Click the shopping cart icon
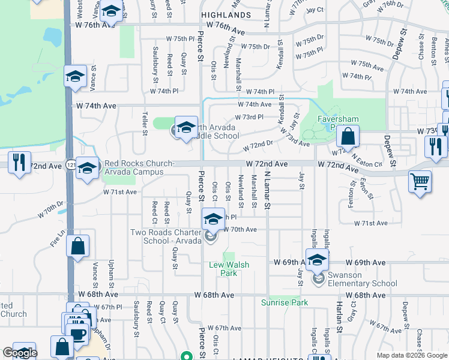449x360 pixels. point(420,180)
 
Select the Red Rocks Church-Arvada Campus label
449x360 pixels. point(139,167)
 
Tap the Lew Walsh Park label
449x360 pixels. point(229,269)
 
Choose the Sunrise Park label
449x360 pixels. point(284,302)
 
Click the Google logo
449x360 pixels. point(20,353)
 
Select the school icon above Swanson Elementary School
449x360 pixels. point(318,260)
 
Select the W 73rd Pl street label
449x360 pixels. point(249,117)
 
